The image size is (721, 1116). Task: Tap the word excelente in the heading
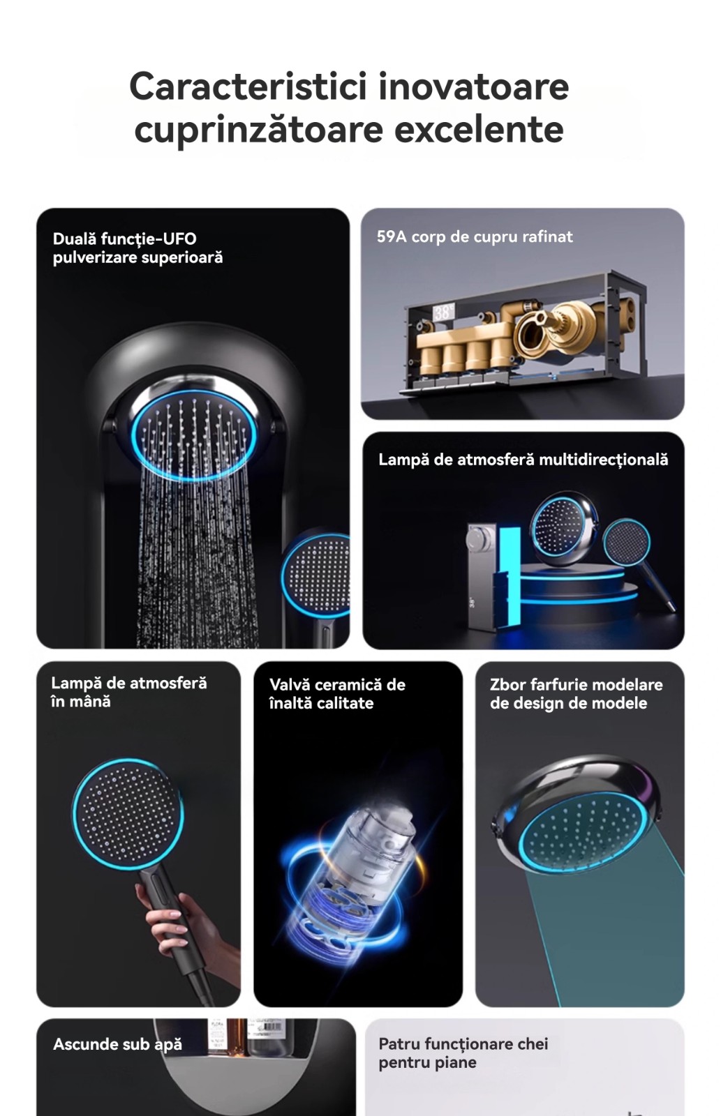pyautogui.click(x=479, y=130)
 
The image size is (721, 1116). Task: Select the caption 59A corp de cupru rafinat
pyautogui.click(x=475, y=236)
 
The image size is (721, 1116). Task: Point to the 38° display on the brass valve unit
pyautogui.click(x=443, y=312)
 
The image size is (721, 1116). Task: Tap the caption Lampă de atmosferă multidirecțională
pyautogui.click(x=523, y=460)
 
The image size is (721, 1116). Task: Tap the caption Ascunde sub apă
pyautogui.click(x=118, y=1045)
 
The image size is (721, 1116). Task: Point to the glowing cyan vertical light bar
pyautogui.click(x=509, y=576)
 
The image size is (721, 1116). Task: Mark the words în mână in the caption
pyautogui.click(x=81, y=702)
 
